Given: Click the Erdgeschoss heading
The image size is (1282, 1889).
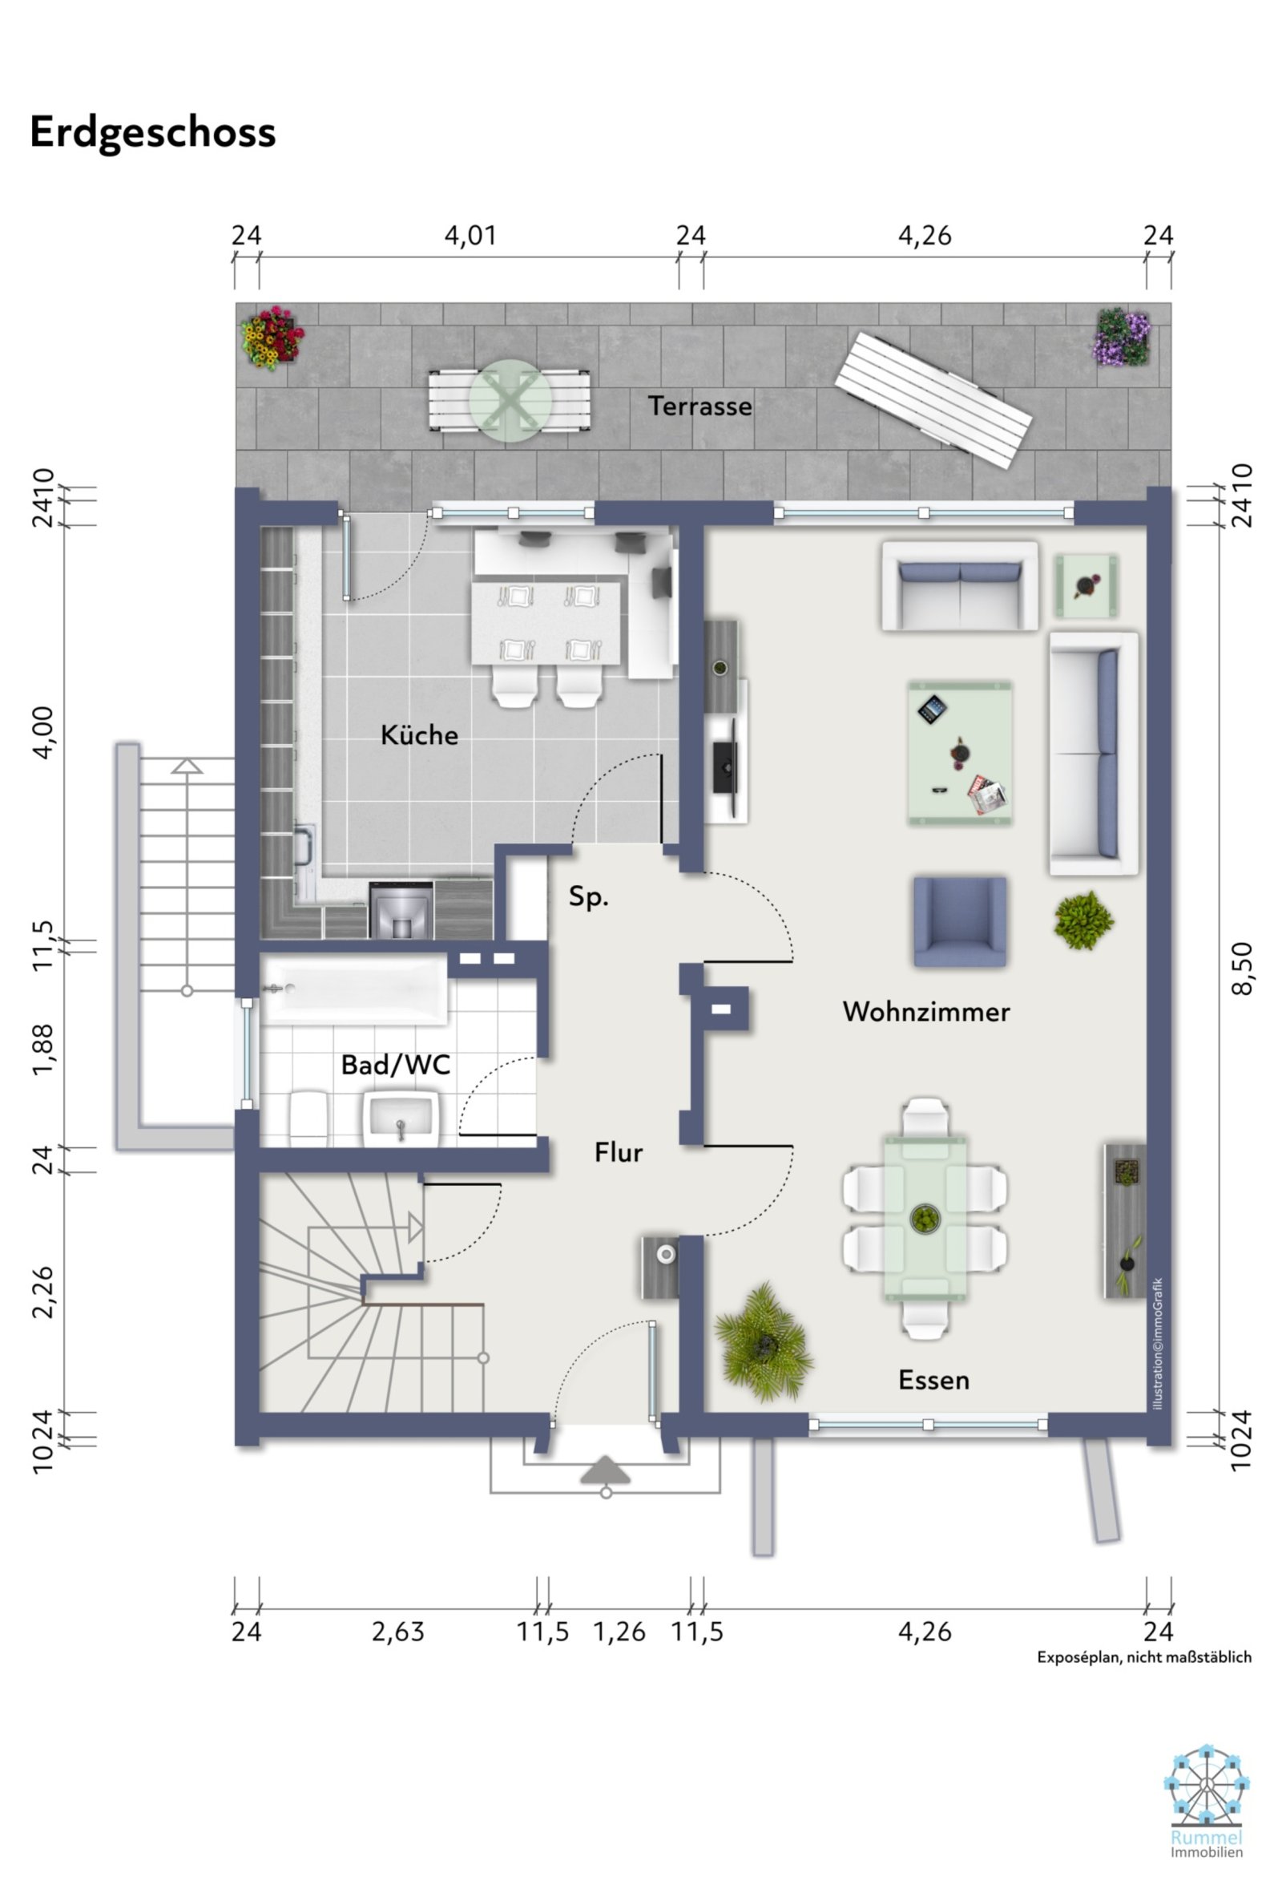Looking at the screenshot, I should point(153,132).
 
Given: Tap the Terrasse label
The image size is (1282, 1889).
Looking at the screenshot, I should point(699,407).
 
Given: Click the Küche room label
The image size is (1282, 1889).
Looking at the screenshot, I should point(419,735).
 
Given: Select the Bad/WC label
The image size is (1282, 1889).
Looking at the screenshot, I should point(396,1065).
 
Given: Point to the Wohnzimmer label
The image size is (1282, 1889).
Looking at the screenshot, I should point(926,1012).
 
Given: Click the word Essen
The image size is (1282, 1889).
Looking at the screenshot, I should point(933,1380).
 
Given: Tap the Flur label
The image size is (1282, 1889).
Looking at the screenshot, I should point(619,1153).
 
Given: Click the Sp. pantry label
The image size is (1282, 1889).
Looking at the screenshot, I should point(588,896).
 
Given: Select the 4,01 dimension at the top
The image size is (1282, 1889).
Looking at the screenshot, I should point(470,236).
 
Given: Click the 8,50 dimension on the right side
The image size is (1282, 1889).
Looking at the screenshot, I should point(1242,967).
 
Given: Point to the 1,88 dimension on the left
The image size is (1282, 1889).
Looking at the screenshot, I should point(42,1049).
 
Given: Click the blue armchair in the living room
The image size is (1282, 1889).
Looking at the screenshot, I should point(959,921).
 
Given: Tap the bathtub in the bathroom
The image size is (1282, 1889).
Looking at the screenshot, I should point(354,989).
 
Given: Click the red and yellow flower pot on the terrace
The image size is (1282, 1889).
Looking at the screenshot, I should point(272,337).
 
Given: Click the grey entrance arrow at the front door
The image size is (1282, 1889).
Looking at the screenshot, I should point(605,1470).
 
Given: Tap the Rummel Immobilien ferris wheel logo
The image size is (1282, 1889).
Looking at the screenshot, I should point(1206,1794).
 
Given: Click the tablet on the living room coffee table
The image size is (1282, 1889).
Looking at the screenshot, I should point(933,709).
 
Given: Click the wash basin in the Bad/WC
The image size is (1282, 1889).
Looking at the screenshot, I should point(401,1118).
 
